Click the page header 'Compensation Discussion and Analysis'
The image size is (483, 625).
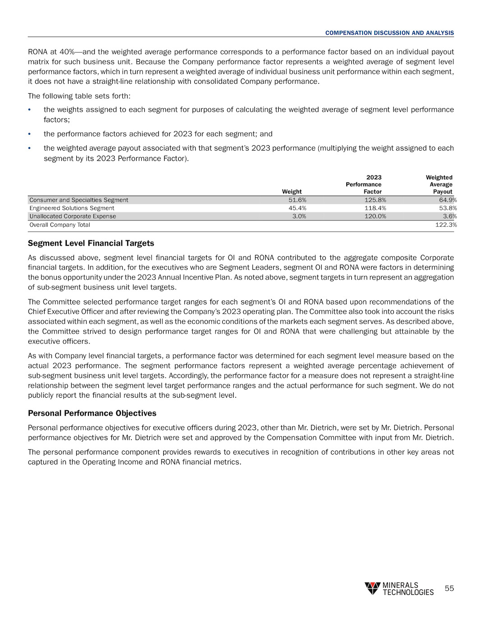point(389,33)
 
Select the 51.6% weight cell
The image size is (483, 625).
point(297,200)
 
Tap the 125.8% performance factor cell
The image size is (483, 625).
point(375,200)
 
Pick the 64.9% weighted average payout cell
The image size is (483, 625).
point(447,200)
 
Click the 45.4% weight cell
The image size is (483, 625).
point(297,208)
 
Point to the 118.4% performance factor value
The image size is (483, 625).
point(375,208)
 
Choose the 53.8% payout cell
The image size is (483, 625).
point(447,208)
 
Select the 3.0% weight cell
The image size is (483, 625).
point(299,216)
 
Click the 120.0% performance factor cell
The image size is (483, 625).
point(375,216)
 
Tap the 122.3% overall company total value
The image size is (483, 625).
point(446,225)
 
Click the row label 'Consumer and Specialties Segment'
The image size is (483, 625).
point(79,200)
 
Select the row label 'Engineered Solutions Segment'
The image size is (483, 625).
point(72,208)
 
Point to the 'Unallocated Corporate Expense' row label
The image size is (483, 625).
point(73,216)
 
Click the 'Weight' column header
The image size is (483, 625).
point(292,192)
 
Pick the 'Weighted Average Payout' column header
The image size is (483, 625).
point(440,184)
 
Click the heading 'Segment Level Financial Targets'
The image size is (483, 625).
point(91,244)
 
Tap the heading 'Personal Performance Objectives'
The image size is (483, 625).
point(92,414)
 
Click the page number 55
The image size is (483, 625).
point(449,588)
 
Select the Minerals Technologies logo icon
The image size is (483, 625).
point(373,588)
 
